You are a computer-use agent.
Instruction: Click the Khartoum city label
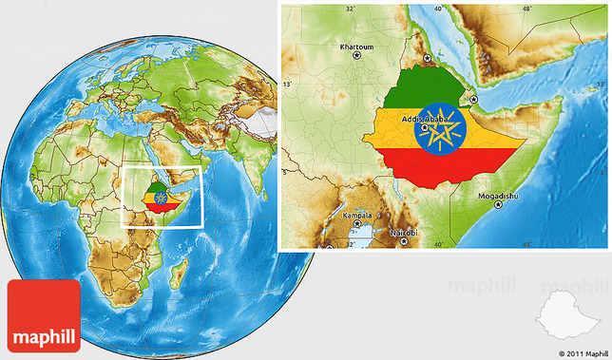(x=358, y=46)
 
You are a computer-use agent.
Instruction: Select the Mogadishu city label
(x=498, y=197)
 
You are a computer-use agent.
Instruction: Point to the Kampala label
(x=358, y=217)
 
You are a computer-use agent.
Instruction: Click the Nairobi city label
(x=404, y=232)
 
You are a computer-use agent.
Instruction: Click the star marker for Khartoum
(x=358, y=56)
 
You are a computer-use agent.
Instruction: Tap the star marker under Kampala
(x=357, y=227)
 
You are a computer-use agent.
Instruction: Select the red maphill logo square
(x=45, y=314)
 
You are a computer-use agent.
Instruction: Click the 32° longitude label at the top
(x=350, y=9)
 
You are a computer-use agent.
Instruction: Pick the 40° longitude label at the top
(x=438, y=9)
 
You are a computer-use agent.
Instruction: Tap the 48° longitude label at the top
(x=526, y=9)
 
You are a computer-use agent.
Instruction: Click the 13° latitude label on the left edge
(x=287, y=85)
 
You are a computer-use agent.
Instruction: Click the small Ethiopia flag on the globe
(x=160, y=198)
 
